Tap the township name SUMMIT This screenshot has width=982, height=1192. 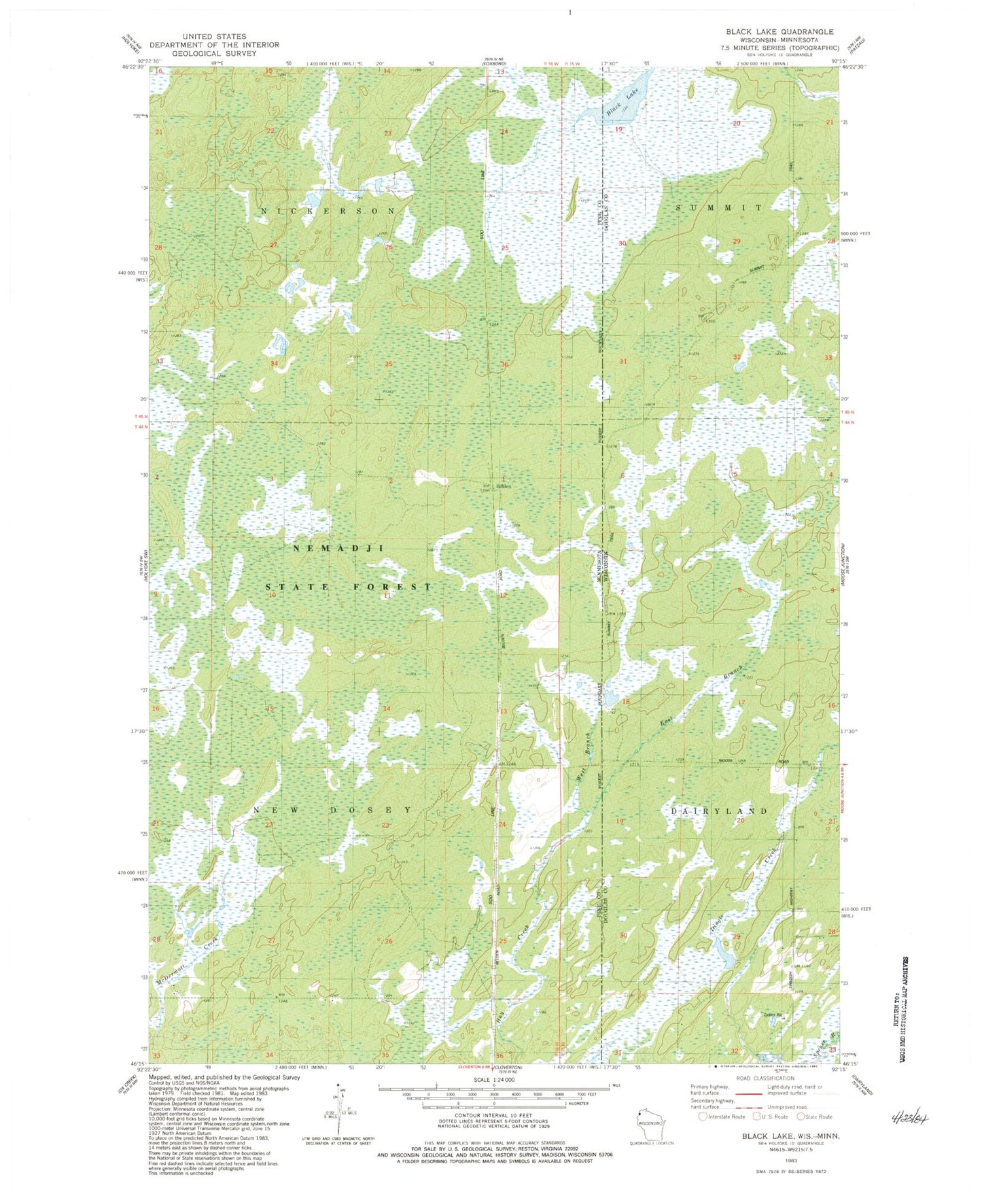tap(719, 207)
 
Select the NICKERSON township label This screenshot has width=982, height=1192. tap(328, 211)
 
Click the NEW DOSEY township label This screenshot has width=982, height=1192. tap(332, 810)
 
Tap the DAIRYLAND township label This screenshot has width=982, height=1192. tap(719, 811)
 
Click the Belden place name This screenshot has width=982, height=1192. tap(504, 486)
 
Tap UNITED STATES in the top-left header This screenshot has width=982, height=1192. tap(218, 36)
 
